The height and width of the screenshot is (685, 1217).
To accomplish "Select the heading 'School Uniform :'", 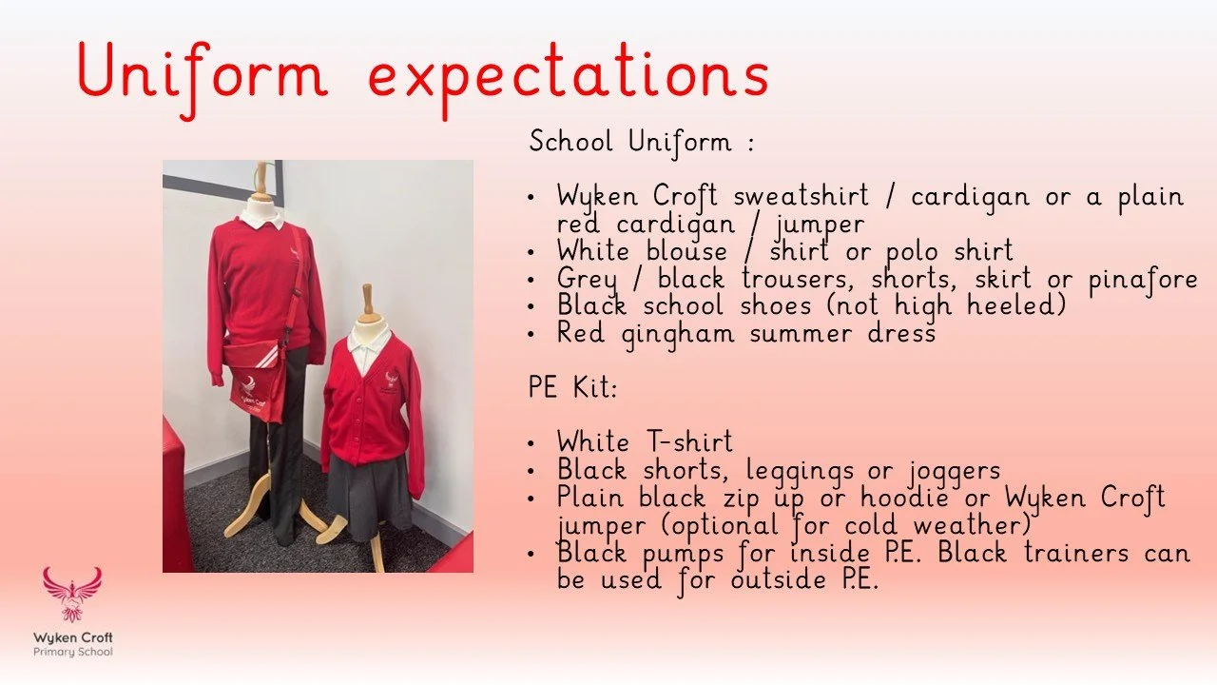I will pyautogui.click(x=642, y=143).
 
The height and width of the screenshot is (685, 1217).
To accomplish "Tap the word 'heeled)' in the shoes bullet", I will pyautogui.click(x=1018, y=307).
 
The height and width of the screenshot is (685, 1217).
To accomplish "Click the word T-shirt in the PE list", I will pyautogui.click(x=686, y=442).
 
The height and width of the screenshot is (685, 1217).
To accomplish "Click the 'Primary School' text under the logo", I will pyautogui.click(x=73, y=653).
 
